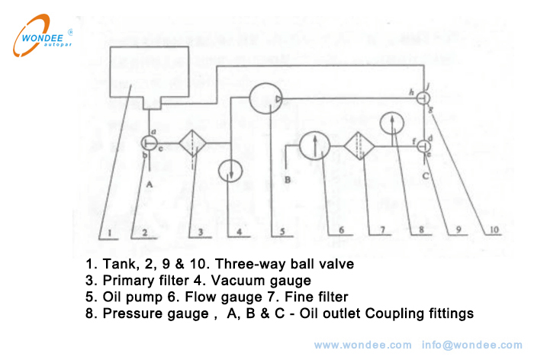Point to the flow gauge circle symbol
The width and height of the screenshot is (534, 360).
point(313,145)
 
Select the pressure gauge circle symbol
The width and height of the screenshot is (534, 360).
point(391,124)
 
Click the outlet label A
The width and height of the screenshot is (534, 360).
point(150,184)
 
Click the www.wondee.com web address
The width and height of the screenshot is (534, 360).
point(362,345)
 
